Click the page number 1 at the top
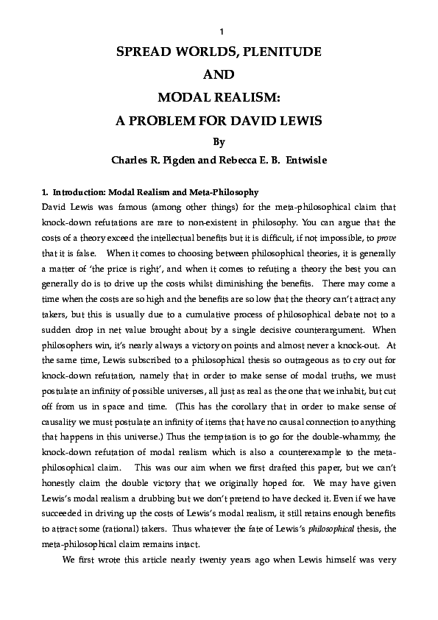pos(221,32)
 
